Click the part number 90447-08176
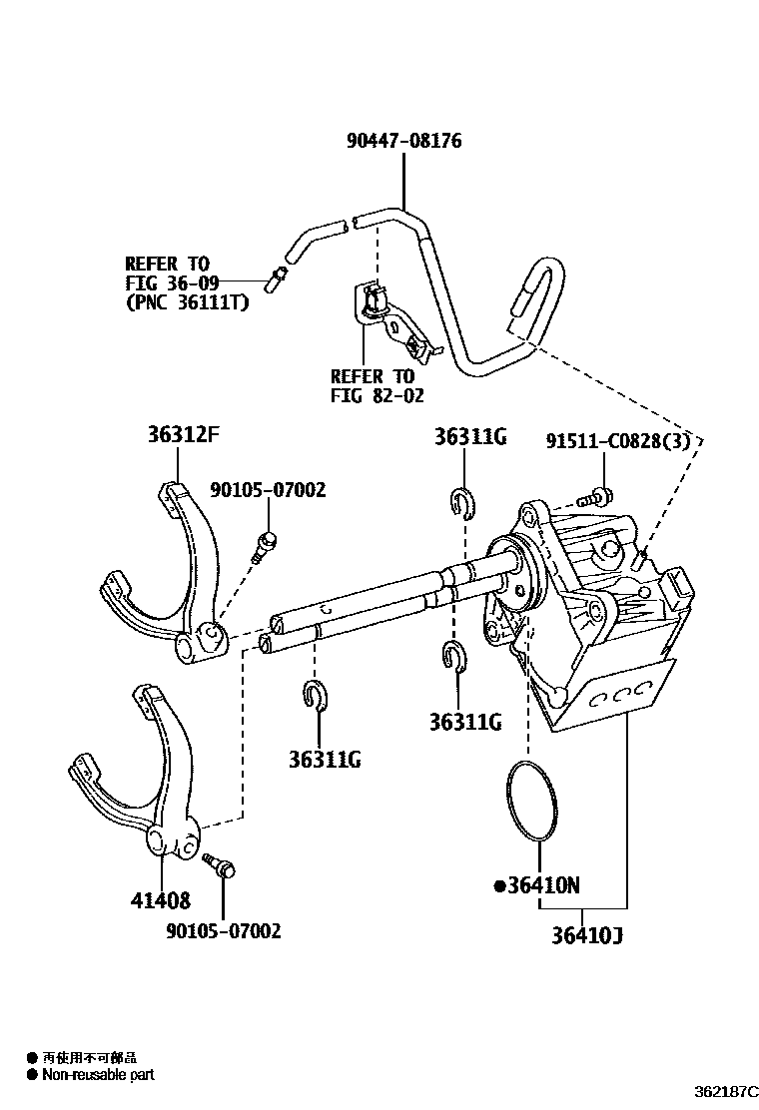403,141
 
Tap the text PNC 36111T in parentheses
187,300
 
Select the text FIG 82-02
378,395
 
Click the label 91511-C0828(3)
618,440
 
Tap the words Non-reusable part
98,1074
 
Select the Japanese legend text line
89,1056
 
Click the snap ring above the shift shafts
460,503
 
